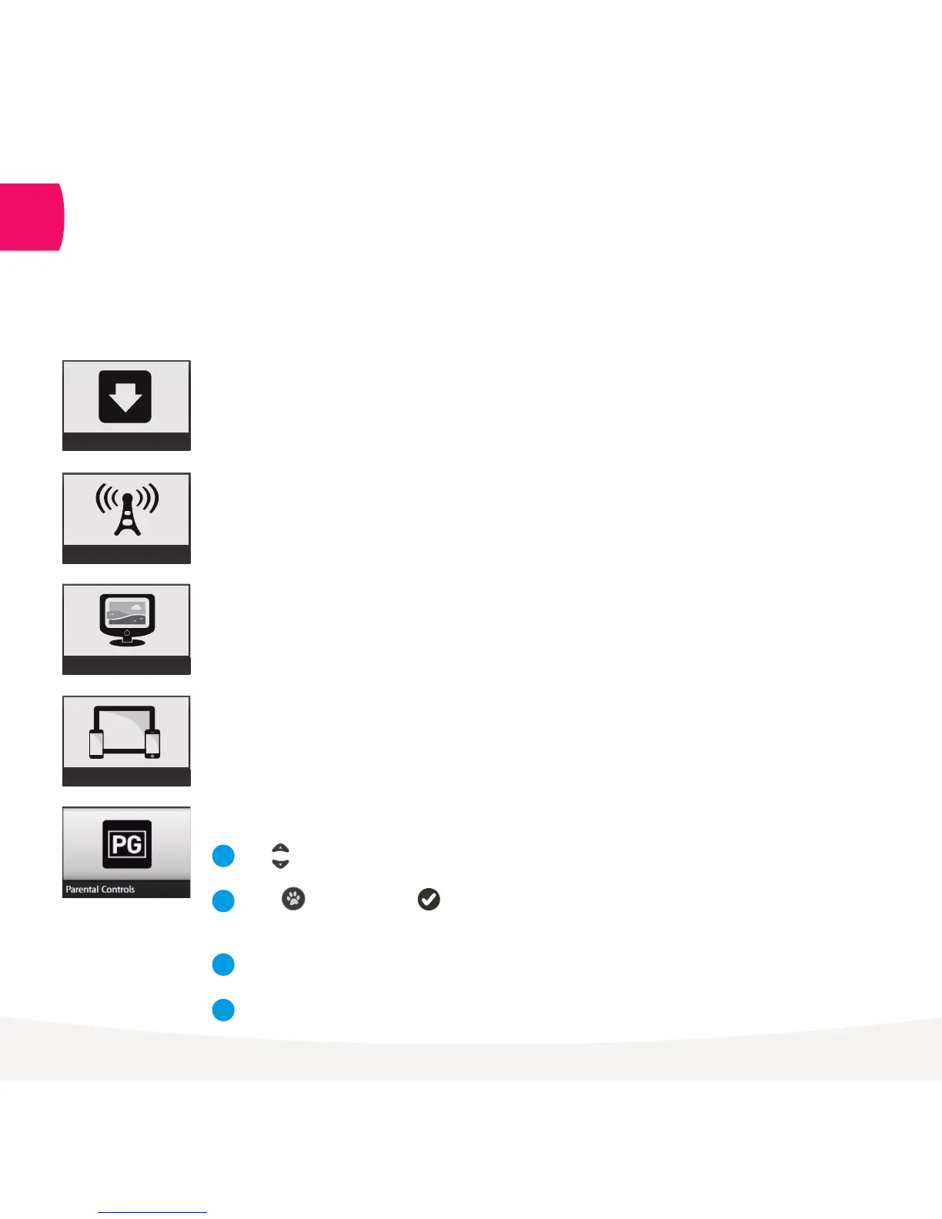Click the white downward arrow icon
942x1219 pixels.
125,398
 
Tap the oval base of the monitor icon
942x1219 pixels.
127,643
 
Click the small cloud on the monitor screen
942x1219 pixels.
136,606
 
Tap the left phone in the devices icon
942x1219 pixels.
96,743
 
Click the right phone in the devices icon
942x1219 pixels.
152,743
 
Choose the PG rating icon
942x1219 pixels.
127,844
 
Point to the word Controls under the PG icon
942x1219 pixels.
118,890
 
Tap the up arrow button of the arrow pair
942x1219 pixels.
280,849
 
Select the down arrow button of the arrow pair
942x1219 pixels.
280,863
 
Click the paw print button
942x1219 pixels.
293,898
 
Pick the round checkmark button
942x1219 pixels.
429,899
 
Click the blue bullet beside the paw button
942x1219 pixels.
223,900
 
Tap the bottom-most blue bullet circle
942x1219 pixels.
223,1010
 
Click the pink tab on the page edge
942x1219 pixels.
31,217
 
